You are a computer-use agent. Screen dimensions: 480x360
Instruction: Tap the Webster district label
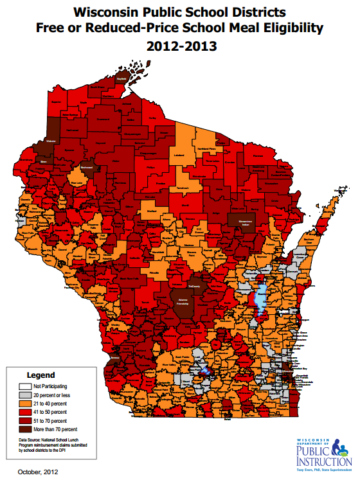click(x=43, y=141)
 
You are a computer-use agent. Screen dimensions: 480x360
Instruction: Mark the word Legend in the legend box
click(x=40, y=375)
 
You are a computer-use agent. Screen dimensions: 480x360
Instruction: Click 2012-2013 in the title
click(x=181, y=46)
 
